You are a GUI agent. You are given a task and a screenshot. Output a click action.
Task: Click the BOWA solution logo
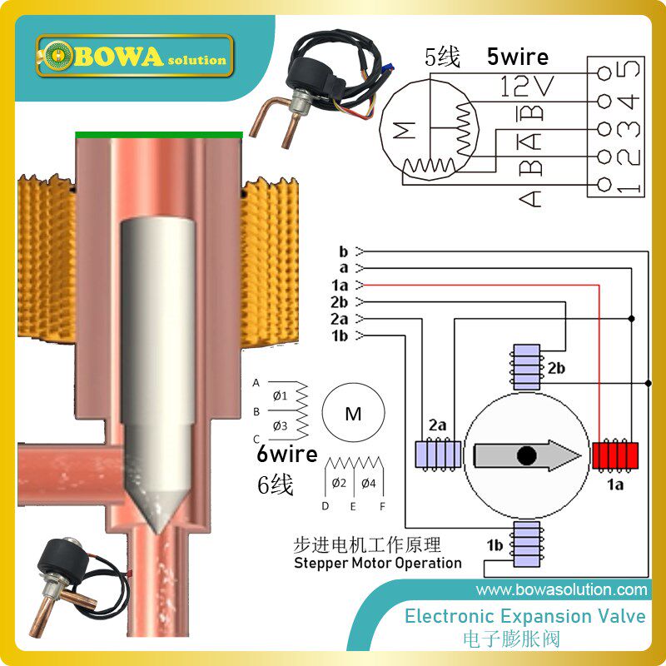[x=133, y=57]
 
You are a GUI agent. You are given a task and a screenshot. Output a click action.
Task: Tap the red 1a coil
[x=615, y=455]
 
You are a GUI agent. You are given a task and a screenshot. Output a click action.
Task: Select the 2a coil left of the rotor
[x=437, y=454]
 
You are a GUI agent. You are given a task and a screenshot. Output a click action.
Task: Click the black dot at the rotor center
[x=526, y=455]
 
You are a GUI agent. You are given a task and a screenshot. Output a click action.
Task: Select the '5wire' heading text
[x=517, y=57]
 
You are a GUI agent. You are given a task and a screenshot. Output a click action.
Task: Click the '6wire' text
[x=286, y=454]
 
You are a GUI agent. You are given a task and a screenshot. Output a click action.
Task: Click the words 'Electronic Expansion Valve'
[x=524, y=616]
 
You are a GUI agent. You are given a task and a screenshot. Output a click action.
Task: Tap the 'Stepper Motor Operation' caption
[x=378, y=563]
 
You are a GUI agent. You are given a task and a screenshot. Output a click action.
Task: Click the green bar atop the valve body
[x=159, y=133]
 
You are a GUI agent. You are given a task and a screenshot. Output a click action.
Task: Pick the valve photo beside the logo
[x=321, y=75]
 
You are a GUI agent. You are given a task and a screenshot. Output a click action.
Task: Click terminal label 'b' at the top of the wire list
[x=343, y=251]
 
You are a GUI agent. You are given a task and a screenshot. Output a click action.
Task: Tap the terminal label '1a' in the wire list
[x=339, y=285]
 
